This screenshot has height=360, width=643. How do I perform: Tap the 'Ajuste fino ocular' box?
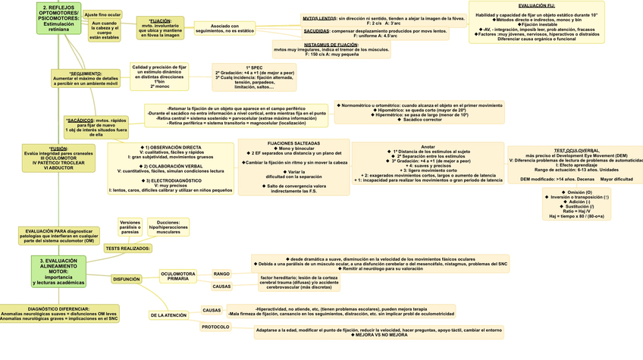click(102, 14)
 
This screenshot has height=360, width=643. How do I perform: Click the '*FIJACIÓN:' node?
click(155, 21)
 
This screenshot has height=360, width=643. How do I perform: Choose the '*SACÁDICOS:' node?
click(80, 120)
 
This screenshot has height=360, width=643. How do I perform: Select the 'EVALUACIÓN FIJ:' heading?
click(537, 5)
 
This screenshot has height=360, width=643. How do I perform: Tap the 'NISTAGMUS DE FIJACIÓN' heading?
click(331, 45)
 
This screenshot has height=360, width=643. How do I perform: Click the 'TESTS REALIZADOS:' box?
click(127, 248)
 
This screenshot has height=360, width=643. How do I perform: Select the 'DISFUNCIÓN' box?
click(127, 279)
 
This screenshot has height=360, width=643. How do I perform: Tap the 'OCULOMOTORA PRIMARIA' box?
click(178, 276)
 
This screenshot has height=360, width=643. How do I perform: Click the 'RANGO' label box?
click(221, 273)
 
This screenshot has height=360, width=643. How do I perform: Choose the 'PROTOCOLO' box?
click(215, 327)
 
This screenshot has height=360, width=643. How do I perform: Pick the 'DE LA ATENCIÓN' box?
click(168, 315)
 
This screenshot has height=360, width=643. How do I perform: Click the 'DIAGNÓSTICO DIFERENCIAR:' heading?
click(58, 309)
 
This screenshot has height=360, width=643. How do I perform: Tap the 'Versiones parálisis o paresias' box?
click(130, 227)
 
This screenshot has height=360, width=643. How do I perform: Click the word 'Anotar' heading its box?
click(428, 146)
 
